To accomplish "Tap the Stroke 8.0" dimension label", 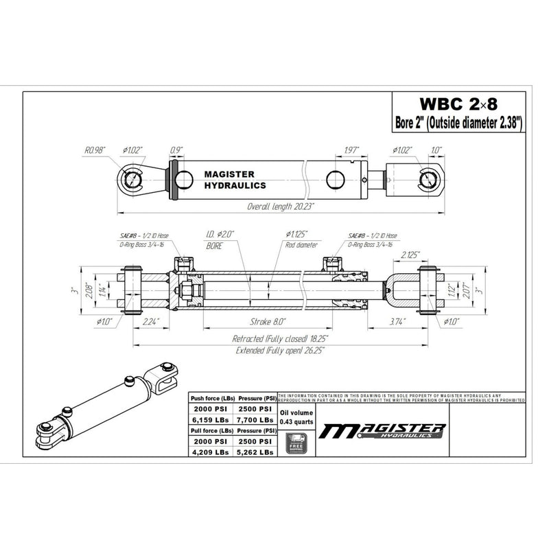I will click(266, 321).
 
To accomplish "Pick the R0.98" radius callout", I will click(95, 149).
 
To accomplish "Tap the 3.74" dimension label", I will click(396, 321).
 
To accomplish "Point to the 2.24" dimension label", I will click(151, 321).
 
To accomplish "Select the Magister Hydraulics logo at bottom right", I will click(384, 431).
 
